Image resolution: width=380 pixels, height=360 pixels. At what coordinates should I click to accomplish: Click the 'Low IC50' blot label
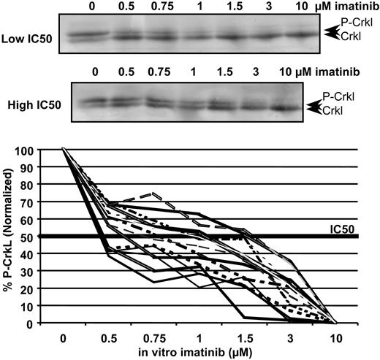tap(26, 37)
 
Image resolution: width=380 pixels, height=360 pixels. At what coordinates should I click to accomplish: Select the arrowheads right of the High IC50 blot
tap(313, 107)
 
